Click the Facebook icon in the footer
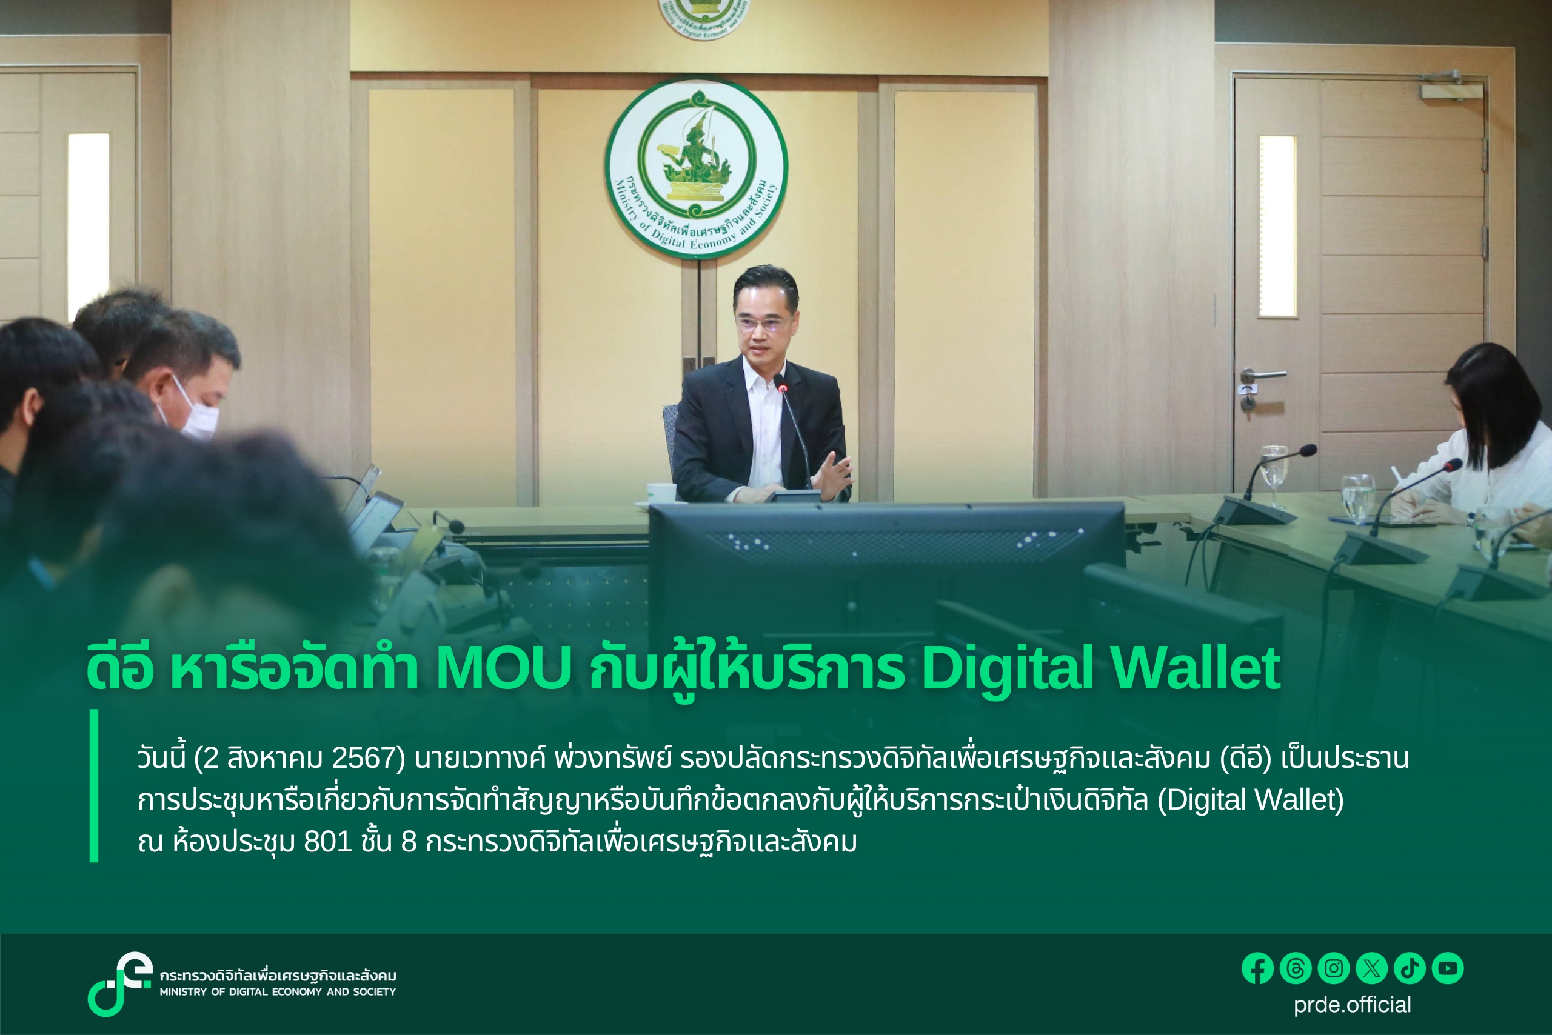click(1257, 969)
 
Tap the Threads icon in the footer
click(1295, 969)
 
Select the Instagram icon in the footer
click(1333, 969)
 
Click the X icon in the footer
click(1371, 969)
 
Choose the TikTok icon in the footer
click(1410, 969)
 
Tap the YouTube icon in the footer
click(1448, 969)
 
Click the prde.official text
click(1352, 1005)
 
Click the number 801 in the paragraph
click(327, 842)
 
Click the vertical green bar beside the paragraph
click(94, 785)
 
